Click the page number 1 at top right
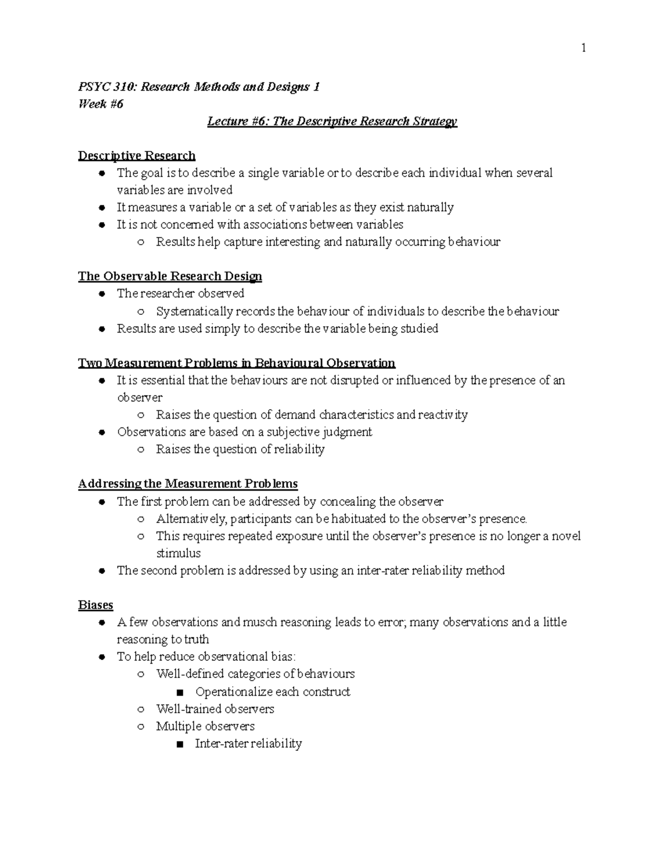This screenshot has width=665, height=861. point(584,48)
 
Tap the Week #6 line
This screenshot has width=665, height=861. point(100,104)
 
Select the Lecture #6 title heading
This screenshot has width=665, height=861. point(332,121)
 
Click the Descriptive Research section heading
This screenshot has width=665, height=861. point(137,156)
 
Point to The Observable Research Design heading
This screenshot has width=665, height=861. point(170,276)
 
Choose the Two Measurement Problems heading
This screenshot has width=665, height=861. point(237,363)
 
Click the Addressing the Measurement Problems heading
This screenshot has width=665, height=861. point(188,483)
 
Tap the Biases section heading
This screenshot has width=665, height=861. point(95,604)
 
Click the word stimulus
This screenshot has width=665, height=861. point(178,553)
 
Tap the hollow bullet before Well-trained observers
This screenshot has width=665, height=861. point(141,710)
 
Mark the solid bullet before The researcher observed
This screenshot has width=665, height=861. point(102,294)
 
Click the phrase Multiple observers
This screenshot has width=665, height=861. point(205,726)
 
